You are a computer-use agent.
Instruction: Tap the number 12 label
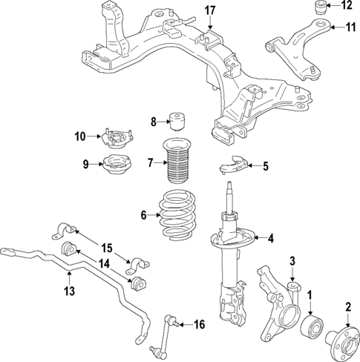click(347, 7)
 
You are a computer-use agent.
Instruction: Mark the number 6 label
click(145, 215)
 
